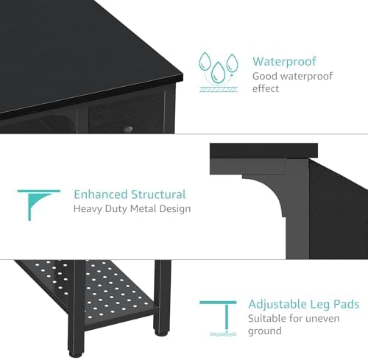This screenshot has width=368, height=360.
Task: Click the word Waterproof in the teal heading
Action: [x=285, y=61]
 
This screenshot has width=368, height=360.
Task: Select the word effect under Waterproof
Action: [x=266, y=88]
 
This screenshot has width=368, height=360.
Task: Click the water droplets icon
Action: [x=219, y=72]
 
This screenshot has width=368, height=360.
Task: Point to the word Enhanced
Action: [x=100, y=194]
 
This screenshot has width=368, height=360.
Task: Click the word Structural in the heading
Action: [x=158, y=194]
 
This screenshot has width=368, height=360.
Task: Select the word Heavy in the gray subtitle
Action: [x=88, y=209]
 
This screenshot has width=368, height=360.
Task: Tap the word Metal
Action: [x=144, y=208]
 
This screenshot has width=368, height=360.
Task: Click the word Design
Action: [x=175, y=209]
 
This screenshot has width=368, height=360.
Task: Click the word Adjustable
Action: [x=277, y=304]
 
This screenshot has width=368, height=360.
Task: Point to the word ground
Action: [x=265, y=331]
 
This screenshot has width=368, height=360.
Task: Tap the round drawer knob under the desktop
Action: [x=128, y=130]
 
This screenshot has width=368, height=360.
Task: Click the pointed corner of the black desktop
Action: [x=183, y=75]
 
